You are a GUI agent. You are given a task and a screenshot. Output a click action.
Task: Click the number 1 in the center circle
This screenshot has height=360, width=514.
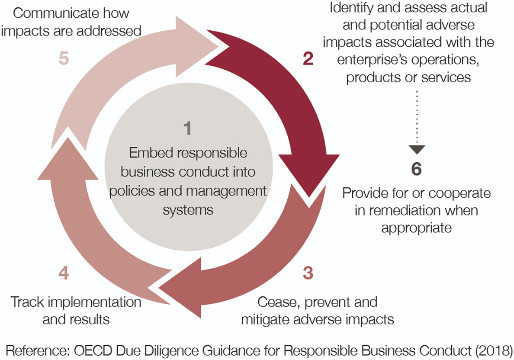click(x=187, y=129)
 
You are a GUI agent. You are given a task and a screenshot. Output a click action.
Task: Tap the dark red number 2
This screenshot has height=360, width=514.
click(x=308, y=59)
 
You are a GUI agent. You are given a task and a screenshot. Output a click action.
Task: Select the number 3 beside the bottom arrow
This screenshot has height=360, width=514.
click(x=308, y=273)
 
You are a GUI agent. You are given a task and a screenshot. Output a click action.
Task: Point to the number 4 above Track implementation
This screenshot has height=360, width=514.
click(x=64, y=273)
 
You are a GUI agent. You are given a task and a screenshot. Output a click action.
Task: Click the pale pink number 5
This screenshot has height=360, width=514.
click(x=64, y=59)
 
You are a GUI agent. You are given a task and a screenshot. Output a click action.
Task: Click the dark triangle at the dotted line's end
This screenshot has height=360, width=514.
click(x=417, y=150)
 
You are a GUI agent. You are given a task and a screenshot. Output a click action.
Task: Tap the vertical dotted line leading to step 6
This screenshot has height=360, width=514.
click(x=417, y=117)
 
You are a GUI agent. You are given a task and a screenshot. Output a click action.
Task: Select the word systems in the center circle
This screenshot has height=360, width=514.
click(x=188, y=210)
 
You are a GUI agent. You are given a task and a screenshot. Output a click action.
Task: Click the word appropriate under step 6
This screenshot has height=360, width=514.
click(x=416, y=228)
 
